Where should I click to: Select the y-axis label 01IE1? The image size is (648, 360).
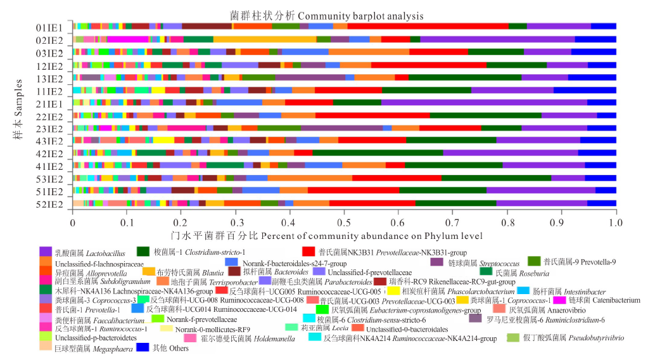pos(49,26)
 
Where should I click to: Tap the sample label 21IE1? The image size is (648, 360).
pos(49,103)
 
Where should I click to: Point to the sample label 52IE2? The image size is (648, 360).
pos(49,204)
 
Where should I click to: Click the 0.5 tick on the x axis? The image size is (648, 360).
pos(345,223)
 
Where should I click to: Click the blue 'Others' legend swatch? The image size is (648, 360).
pos(143,347)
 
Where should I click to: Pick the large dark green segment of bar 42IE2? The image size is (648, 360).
pos(378,153)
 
